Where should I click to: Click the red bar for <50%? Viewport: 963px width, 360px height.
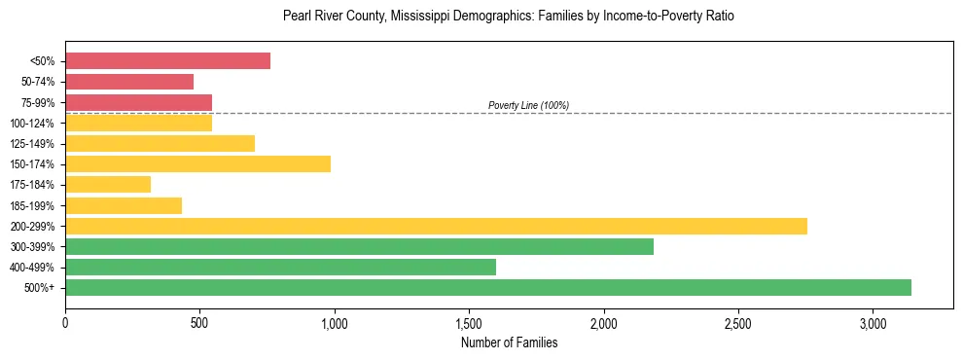pyautogui.click(x=167, y=61)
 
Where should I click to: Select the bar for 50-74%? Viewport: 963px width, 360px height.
pyautogui.click(x=129, y=82)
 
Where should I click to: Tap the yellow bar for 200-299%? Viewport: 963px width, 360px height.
pyautogui.click(x=436, y=226)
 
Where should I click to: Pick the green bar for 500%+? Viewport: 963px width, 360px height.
pyautogui.click(x=488, y=287)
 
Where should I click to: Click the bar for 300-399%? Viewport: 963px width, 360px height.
pyautogui.click(x=359, y=246)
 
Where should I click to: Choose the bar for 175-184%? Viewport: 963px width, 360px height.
pyautogui.click(x=108, y=184)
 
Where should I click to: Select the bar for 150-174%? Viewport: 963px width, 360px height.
pyautogui.click(x=197, y=163)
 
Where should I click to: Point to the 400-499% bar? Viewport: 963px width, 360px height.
pyautogui.click(x=280, y=267)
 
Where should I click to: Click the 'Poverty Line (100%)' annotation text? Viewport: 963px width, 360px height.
pyautogui.click(x=528, y=105)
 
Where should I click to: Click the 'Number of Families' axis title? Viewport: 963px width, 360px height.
pyautogui.click(x=509, y=342)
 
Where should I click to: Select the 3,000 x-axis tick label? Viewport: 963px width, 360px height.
pyautogui.click(x=873, y=322)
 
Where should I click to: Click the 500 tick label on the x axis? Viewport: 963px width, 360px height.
pyautogui.click(x=199, y=322)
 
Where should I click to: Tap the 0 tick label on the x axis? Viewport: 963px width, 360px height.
pyautogui.click(x=65, y=322)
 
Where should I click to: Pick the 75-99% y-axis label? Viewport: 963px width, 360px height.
pyautogui.click(x=37, y=103)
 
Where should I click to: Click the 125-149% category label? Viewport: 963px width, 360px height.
pyautogui.click(x=34, y=144)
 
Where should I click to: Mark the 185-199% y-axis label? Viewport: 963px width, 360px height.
pyautogui.click(x=34, y=205)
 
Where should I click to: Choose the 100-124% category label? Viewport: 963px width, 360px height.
pyautogui.click(x=34, y=124)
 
